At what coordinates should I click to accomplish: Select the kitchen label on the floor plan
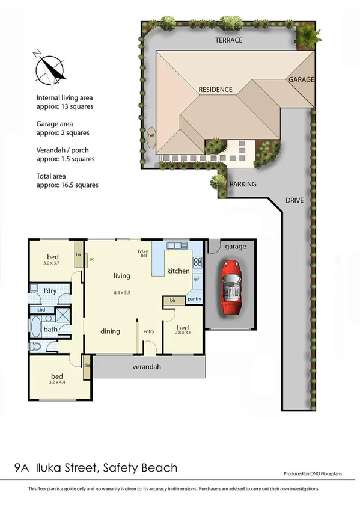coord(178,271)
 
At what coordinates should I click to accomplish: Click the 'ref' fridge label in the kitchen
coord(196,280)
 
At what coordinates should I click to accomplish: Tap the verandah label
coord(147,366)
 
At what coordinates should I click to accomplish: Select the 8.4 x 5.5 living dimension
coord(122,293)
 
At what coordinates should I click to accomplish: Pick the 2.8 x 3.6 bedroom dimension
coord(182,332)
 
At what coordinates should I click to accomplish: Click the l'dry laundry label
coord(50,292)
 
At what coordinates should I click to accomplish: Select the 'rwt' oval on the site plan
coord(151,136)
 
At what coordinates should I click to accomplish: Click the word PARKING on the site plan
coord(243,185)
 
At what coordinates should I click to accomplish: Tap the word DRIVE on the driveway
coord(294,199)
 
